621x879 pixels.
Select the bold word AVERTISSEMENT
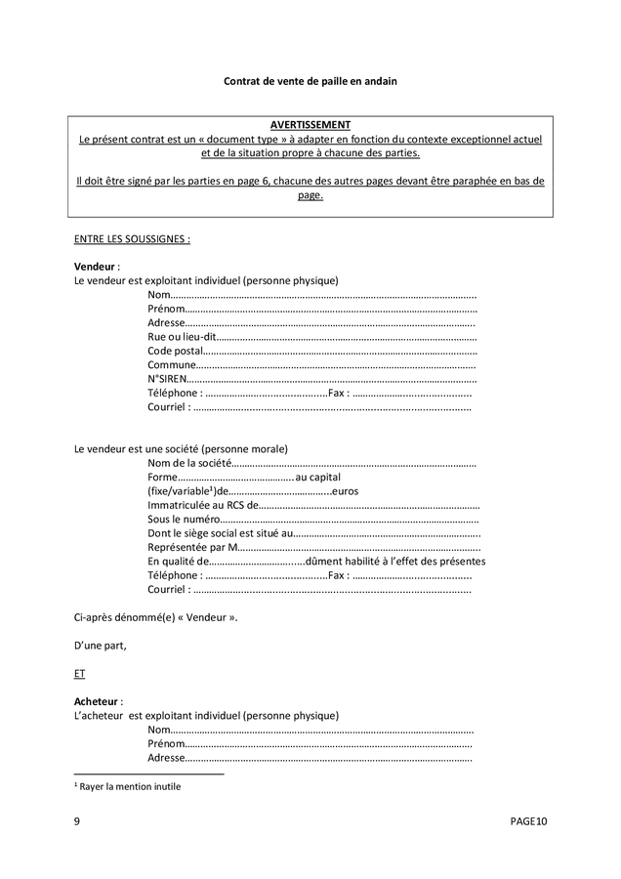[310, 126]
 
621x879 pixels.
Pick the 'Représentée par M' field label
[193, 547]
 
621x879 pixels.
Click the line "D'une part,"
[100, 646]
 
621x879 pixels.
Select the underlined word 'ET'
[79, 674]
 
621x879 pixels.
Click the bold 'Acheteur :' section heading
[98, 701]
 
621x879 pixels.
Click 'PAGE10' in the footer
[528, 822]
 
